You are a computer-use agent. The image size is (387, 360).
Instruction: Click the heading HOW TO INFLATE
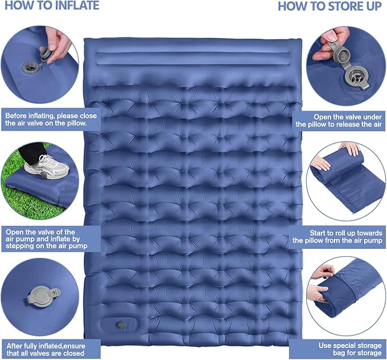[x=51, y=6]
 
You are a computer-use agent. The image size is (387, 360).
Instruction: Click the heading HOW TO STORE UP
[x=329, y=6]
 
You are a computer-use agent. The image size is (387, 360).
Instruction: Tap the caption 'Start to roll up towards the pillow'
[x=340, y=236]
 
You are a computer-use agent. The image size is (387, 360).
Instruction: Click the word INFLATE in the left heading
[x=74, y=6]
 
